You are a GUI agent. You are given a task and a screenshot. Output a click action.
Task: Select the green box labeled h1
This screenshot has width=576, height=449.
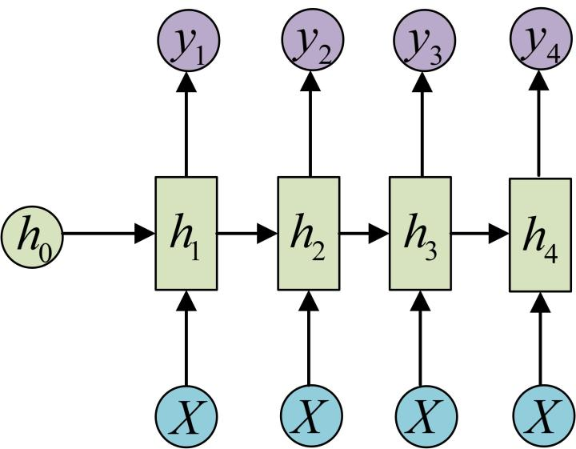click(186, 234)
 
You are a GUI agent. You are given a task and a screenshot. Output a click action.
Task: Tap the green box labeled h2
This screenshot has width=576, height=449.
click(309, 234)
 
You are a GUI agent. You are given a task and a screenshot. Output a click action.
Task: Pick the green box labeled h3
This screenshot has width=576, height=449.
click(419, 234)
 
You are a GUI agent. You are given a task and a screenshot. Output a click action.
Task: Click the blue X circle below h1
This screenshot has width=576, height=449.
click(186, 416)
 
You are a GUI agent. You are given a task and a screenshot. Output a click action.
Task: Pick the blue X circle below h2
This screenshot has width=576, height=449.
click(311, 416)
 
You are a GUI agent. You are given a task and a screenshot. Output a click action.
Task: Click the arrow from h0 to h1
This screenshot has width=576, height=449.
click(108, 234)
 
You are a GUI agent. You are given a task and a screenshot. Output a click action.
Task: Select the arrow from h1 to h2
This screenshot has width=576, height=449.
click(247, 234)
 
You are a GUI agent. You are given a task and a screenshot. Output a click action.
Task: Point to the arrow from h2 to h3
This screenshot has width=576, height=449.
click(364, 234)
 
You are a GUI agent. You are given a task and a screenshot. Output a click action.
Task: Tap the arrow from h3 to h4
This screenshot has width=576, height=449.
click(480, 234)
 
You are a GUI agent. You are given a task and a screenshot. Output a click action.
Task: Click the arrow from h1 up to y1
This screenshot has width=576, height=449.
click(186, 120)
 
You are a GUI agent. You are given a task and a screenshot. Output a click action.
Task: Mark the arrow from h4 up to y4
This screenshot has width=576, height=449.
click(538, 120)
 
